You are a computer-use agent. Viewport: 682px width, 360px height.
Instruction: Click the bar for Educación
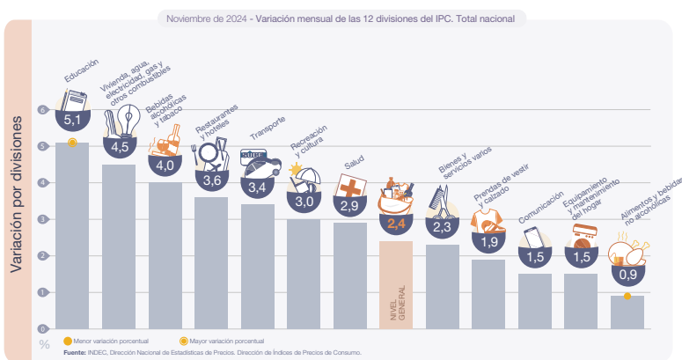(x=72, y=238)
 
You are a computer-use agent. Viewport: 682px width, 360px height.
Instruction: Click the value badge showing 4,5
(x=120, y=146)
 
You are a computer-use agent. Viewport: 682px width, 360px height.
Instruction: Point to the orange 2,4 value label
(x=395, y=224)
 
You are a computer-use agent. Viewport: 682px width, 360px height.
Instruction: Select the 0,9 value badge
(x=627, y=275)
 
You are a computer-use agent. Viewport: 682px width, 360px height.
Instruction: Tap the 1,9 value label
(x=489, y=241)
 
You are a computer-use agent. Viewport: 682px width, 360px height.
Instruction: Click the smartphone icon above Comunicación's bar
(x=534, y=239)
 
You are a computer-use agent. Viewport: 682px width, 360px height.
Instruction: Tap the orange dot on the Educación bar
(x=72, y=142)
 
